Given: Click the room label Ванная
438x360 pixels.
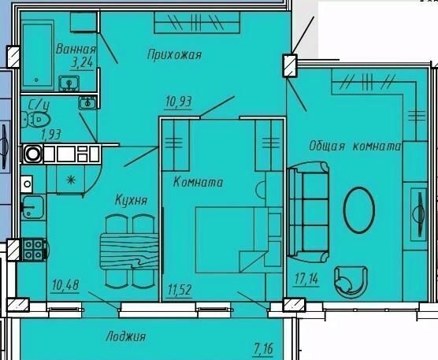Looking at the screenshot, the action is click(x=76, y=49).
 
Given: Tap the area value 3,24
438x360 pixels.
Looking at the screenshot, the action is click(x=82, y=62).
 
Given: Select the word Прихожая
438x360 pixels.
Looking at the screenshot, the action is click(x=174, y=54).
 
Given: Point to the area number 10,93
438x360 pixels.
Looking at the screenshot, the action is click(x=179, y=102).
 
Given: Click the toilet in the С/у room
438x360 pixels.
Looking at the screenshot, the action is click(x=36, y=120).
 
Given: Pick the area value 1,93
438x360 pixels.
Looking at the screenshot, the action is click(x=51, y=135).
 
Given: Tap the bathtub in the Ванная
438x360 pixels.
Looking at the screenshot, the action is click(x=38, y=55).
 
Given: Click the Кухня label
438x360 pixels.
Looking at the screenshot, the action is click(x=131, y=200).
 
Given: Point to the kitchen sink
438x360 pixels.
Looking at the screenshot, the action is click(x=33, y=206).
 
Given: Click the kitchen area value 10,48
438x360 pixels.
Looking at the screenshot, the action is click(x=65, y=285).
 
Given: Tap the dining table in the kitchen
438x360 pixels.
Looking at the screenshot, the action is click(x=129, y=251).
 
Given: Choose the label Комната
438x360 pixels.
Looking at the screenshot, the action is click(x=198, y=183).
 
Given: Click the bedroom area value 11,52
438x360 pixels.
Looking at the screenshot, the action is click(x=180, y=290).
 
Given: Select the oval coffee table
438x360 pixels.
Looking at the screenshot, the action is click(x=358, y=210).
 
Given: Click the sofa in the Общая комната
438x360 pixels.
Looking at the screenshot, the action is click(x=308, y=212).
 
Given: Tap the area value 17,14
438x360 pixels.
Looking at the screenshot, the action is click(x=306, y=279).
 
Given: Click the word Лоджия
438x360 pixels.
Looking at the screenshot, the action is click(x=126, y=336).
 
